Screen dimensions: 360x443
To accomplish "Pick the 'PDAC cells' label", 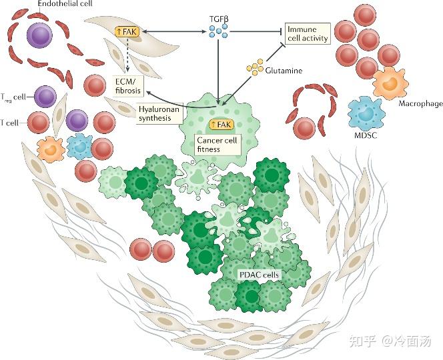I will click(x=258, y=274).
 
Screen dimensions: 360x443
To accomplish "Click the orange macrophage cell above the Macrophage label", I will click(x=384, y=82).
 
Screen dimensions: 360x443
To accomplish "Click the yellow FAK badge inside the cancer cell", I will click(x=221, y=124).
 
